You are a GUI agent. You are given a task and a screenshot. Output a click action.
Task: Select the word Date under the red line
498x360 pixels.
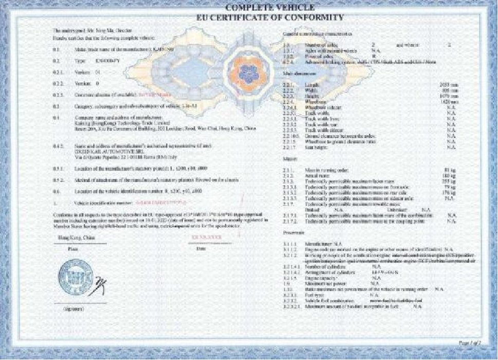[201, 249]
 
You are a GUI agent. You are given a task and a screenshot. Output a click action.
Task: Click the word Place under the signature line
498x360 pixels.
[72, 248]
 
